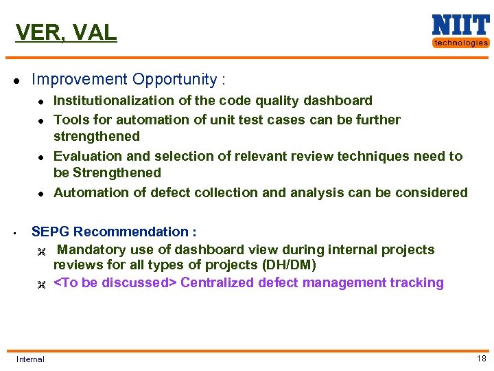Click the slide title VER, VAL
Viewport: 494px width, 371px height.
tap(66, 32)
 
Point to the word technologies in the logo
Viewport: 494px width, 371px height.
tap(460, 43)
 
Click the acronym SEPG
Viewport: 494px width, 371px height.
tap(51, 232)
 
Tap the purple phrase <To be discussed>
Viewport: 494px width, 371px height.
tap(115, 282)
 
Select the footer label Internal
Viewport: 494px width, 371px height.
tap(30, 359)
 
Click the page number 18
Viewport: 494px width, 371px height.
tap(481, 358)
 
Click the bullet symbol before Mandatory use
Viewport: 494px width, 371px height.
tap(40, 250)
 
